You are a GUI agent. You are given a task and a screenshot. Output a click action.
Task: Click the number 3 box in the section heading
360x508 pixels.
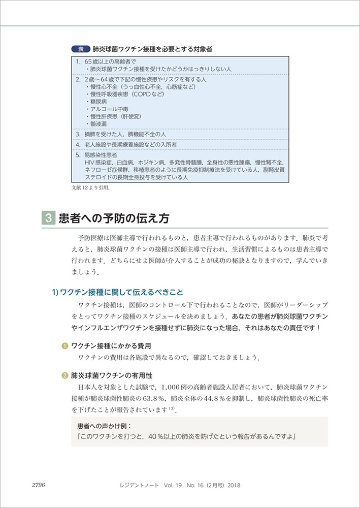click(47, 219)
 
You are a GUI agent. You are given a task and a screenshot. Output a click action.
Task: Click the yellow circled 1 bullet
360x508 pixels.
click(64, 346)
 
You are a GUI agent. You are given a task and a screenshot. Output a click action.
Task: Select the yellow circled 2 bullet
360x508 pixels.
click(64, 376)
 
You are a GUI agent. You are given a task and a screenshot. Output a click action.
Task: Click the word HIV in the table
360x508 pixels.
click(91, 162)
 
